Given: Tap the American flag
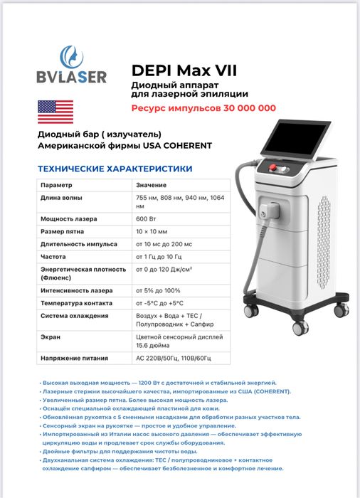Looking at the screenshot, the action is [54, 111].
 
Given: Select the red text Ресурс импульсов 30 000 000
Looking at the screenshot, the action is [203, 108].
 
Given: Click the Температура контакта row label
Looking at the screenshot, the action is [75, 302].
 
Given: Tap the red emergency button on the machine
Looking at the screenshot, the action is [275, 169].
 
